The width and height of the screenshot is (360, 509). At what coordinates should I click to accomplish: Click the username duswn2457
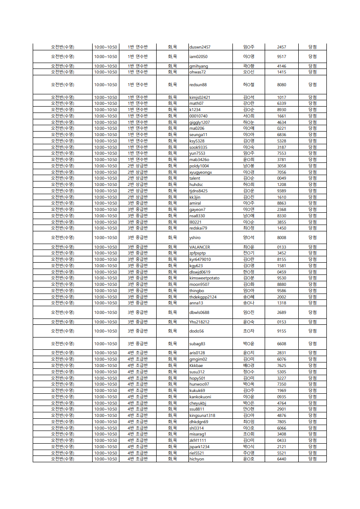(200, 47)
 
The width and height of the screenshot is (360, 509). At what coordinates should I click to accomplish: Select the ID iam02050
(198, 57)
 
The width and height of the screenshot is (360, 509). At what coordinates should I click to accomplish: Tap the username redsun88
(198, 85)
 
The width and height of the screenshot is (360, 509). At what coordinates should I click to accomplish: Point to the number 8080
(281, 85)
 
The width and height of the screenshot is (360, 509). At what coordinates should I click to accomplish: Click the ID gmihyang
(198, 66)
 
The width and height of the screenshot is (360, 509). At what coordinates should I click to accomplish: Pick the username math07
(196, 103)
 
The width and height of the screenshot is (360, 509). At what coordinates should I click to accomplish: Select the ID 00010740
(198, 116)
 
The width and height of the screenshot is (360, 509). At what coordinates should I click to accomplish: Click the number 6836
(281, 135)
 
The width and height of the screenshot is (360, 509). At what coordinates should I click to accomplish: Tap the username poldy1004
(199, 166)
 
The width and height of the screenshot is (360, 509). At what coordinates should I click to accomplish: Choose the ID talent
(195, 178)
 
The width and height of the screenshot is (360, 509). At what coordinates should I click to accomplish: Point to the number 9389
(281, 191)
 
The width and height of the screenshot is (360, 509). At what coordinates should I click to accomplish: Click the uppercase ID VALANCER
(200, 247)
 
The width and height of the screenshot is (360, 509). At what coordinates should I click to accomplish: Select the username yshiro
(195, 238)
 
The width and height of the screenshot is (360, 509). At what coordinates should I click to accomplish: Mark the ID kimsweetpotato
(204, 278)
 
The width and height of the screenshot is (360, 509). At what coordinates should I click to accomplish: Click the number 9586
(281, 291)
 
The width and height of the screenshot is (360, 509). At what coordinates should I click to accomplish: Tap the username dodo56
(197, 331)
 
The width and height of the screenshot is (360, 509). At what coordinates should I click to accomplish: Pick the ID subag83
(197, 344)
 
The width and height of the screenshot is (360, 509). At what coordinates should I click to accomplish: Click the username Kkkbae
(196, 366)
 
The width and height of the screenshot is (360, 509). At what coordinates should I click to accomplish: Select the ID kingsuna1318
(202, 416)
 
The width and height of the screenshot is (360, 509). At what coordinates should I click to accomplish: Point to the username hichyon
(197, 459)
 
